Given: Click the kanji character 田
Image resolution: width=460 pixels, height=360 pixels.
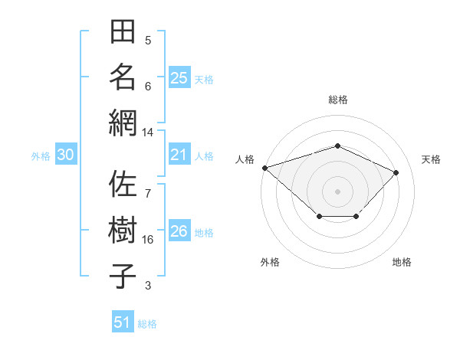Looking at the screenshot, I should tap(123, 33).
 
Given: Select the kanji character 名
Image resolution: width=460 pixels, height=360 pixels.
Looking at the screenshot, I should tap(123, 77).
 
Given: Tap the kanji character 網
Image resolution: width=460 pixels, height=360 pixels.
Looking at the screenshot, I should tap(123, 123).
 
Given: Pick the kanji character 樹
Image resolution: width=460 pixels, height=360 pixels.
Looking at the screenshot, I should tap(123, 231).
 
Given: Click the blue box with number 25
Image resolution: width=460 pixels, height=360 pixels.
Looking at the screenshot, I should tap(179, 77).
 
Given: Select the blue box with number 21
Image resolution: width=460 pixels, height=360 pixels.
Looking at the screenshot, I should tap(179, 155).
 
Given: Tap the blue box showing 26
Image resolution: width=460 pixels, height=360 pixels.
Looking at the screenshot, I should tap(179, 232).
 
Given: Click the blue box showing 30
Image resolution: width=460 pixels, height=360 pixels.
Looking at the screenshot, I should tap(66, 155).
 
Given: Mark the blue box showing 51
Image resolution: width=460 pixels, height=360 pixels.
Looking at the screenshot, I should tap(123, 322).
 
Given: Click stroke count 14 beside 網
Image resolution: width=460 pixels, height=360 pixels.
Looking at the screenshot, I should tap(148, 133).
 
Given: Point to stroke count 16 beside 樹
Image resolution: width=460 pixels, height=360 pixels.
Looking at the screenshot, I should tap(148, 240).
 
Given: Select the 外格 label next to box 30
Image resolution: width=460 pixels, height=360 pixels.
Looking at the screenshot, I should tap(41, 156).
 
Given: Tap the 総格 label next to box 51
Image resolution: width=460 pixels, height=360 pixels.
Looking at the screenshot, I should tap(147, 324).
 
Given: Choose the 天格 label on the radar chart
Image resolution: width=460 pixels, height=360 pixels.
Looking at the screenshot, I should tap(431, 159).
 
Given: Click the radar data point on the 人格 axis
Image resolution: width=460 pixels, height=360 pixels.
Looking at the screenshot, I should tap(264, 168).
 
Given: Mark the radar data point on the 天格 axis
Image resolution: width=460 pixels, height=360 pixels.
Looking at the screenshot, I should tap(396, 172).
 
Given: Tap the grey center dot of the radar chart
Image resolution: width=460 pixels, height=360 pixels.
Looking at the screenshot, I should tap(337, 191).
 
